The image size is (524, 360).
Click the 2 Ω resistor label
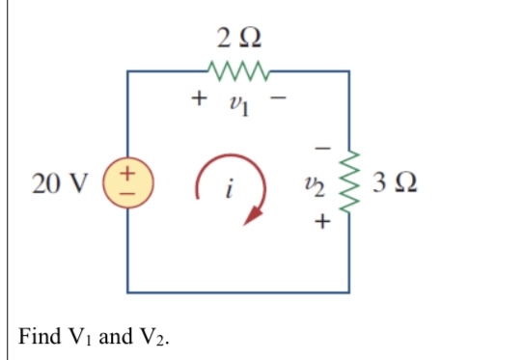coord(237,40)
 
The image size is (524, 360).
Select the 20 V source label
coord(59,182)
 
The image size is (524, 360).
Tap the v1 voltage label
coord(239,99)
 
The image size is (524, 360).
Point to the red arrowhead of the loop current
coord(255,217)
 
